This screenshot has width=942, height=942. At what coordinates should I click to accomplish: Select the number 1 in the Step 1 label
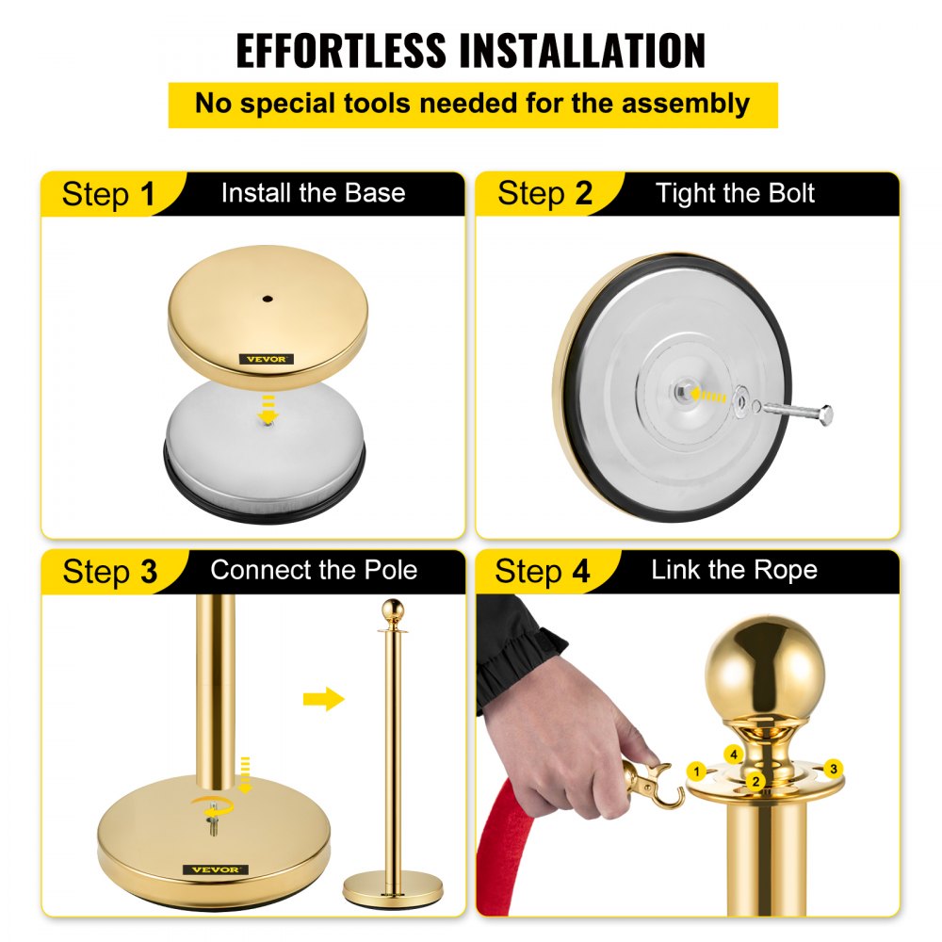[147, 195]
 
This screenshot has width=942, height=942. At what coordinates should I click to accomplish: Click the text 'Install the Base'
[313, 194]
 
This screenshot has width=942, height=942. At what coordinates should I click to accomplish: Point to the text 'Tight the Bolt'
[735, 194]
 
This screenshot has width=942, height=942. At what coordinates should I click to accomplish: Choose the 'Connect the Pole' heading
[314, 570]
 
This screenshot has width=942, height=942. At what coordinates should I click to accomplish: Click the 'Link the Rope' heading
[734, 570]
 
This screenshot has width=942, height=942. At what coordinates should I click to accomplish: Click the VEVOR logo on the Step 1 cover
[267, 359]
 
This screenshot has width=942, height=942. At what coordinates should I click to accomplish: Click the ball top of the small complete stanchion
[393, 609]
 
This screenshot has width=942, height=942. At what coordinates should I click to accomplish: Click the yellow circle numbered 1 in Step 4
[697, 771]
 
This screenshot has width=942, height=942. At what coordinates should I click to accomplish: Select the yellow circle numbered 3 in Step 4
[832, 769]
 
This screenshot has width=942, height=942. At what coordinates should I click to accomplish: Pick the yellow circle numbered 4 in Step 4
[733, 754]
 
